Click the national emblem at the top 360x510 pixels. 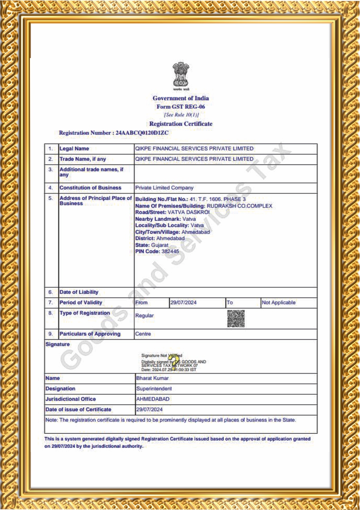coord(180,75)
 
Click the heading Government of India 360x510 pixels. coord(180,98)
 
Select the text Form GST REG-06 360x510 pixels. coord(180,107)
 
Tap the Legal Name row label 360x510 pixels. coord(74,149)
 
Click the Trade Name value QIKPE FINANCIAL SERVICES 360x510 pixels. coord(194,159)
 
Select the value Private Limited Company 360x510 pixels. coord(164,188)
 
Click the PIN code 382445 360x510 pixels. coord(170,251)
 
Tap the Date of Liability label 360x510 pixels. coord(79,292)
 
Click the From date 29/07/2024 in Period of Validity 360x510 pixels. coord(184,302)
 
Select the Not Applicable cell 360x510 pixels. coord(278,302)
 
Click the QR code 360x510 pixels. coord(236,319)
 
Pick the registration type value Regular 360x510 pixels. coord(145,316)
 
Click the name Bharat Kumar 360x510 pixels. coord(152,378)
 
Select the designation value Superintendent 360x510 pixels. coord(154,389)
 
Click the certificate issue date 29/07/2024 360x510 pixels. coord(149,410)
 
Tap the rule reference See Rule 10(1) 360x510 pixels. coord(181,115)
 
